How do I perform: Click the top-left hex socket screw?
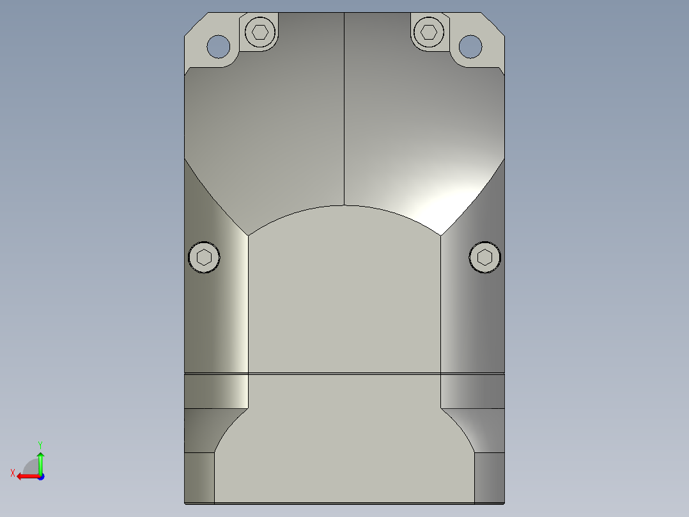pyautogui.click(x=260, y=32)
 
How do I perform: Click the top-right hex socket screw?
pyautogui.click(x=429, y=32)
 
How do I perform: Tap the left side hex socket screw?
pyautogui.click(x=204, y=257)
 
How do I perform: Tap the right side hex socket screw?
pyautogui.click(x=484, y=257)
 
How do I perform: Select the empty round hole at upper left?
pyautogui.click(x=219, y=46)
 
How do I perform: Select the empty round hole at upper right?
pyautogui.click(x=470, y=46)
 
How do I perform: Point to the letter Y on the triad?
pyautogui.click(x=40, y=445)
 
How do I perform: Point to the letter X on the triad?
pyautogui.click(x=13, y=473)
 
